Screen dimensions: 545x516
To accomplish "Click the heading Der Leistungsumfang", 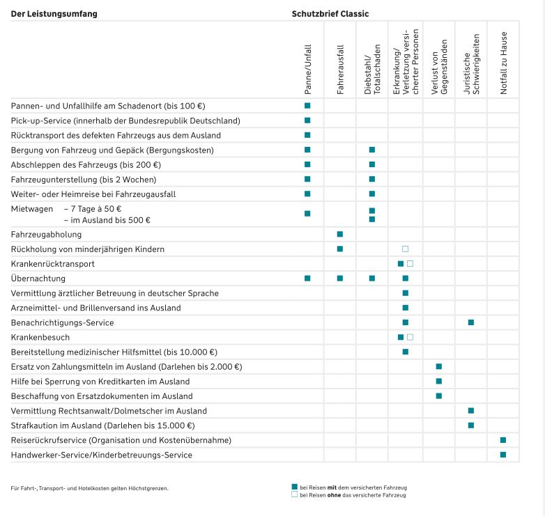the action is pyautogui.click(x=54, y=14).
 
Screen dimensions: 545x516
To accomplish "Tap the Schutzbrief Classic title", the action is pyautogui.click(x=330, y=14).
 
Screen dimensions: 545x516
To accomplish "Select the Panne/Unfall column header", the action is pyautogui.click(x=308, y=70).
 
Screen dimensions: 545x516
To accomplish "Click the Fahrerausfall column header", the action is pyautogui.click(x=340, y=70).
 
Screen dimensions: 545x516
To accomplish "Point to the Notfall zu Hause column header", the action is pyautogui.click(x=504, y=63).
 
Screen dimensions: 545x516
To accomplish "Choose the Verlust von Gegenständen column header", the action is pyautogui.click(x=439, y=67).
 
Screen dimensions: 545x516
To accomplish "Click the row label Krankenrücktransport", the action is pyautogui.click(x=52, y=264).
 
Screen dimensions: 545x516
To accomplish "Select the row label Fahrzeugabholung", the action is pyautogui.click(x=46, y=235).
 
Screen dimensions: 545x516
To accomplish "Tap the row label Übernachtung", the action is pyautogui.click(x=38, y=279).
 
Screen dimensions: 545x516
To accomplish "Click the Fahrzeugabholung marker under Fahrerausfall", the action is pyautogui.click(x=340, y=235).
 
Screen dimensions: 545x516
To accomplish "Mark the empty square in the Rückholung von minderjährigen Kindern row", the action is pyautogui.click(x=406, y=249).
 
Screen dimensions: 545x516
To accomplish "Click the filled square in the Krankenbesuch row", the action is pyautogui.click(x=401, y=337).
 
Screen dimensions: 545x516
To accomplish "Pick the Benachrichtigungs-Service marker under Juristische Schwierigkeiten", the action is pyautogui.click(x=471, y=322).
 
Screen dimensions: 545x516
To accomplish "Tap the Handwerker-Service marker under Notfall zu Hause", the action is pyautogui.click(x=503, y=455).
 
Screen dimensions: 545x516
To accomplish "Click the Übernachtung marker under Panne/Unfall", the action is pyautogui.click(x=307, y=279).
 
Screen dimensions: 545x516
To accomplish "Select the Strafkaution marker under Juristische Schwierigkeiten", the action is pyautogui.click(x=471, y=425).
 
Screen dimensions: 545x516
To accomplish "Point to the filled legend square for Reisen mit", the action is pyautogui.click(x=294, y=487).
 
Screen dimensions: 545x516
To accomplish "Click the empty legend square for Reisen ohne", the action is pyautogui.click(x=294, y=494).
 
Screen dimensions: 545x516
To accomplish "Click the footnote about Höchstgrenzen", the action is pyautogui.click(x=89, y=488).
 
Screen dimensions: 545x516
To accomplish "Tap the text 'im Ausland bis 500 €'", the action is pyautogui.click(x=110, y=220).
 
